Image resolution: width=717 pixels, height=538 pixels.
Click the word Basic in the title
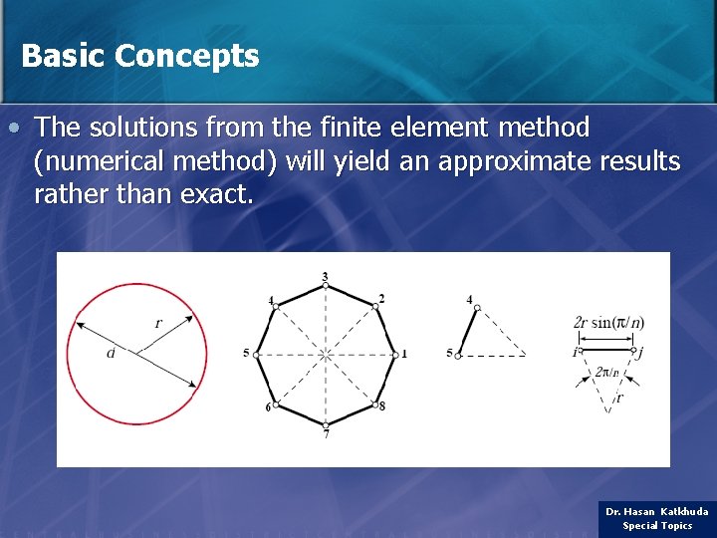coord(63,56)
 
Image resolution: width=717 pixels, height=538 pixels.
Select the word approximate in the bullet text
coord(522,161)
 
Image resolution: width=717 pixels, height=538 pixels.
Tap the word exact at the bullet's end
coord(216,194)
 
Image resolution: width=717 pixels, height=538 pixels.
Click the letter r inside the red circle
coord(157,322)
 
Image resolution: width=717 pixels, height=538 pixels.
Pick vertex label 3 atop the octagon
coord(325,276)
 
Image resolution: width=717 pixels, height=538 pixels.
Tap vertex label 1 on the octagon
coord(404,354)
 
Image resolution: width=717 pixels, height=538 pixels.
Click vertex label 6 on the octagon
coord(267,408)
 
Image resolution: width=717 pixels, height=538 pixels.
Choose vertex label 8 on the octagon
coord(382,406)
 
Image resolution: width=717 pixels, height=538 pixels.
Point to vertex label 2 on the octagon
coord(381,299)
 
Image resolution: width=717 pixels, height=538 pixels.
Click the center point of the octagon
coord(326,354)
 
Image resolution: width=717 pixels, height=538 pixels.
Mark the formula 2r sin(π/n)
coord(608,323)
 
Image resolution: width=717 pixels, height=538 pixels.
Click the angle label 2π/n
coord(606,373)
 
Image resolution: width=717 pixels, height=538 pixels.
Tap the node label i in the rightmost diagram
coord(575,351)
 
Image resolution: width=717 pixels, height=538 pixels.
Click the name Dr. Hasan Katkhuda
coord(657,511)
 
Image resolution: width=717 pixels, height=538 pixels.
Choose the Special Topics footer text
coord(657,525)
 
